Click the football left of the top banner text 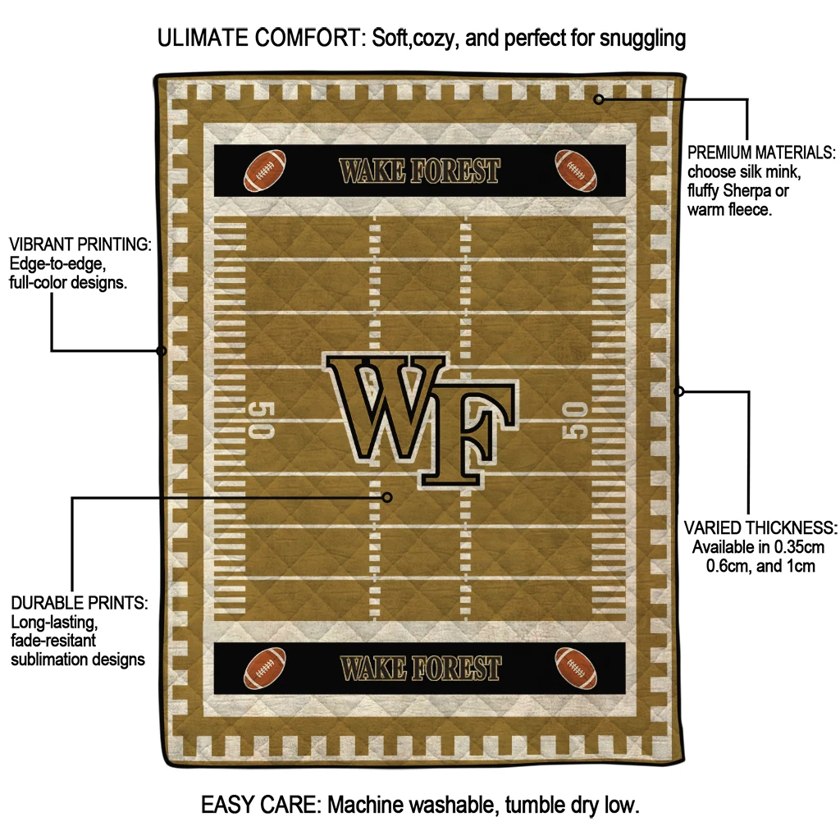[x=265, y=170]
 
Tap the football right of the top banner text [x=575, y=170]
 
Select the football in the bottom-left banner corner [x=265, y=668]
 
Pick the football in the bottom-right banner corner [x=576, y=668]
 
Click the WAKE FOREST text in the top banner [x=419, y=171]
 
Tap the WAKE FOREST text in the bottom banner [x=420, y=669]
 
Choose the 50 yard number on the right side [x=577, y=420]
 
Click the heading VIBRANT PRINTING [x=80, y=244]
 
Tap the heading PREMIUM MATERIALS [x=760, y=153]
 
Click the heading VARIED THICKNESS [x=760, y=527]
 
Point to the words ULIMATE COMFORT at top [x=261, y=38]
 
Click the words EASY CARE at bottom [x=261, y=805]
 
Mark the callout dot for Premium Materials [x=599, y=99]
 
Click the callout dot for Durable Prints [x=388, y=497]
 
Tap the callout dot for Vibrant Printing [x=162, y=351]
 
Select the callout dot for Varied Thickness [x=679, y=391]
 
